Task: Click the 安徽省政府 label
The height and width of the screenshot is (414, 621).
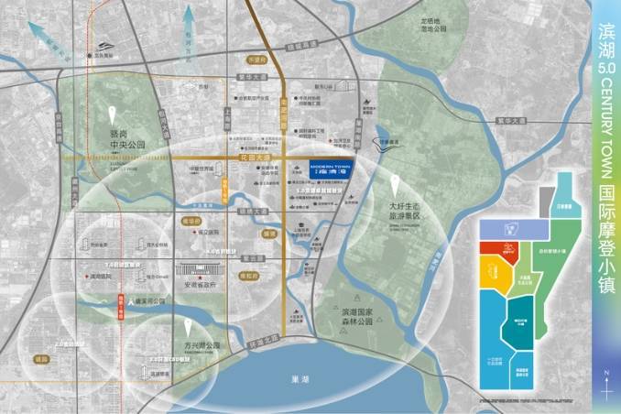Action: pos(205,284)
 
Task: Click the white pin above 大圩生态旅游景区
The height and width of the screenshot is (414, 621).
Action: pos(395,180)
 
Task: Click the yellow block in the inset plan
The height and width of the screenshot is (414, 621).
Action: pos(497,276)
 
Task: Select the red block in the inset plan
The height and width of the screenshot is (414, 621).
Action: pos(501,248)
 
